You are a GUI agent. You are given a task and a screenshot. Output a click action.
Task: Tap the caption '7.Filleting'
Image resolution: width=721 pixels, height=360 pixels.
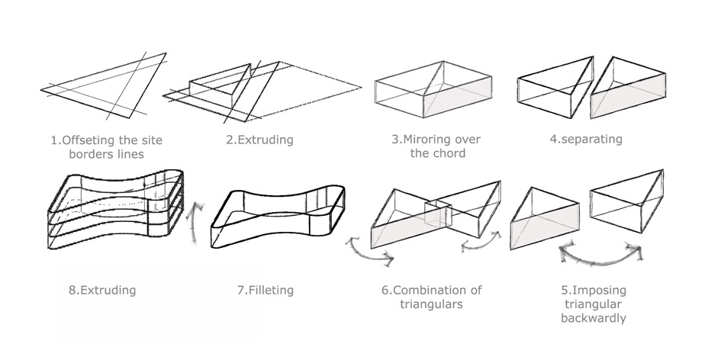[x=266, y=290]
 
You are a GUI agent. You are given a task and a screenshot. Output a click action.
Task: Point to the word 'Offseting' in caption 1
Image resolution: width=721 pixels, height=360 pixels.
[x=95, y=140]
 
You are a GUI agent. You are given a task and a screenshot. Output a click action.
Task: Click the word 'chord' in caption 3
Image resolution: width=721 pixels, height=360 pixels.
[x=450, y=153]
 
